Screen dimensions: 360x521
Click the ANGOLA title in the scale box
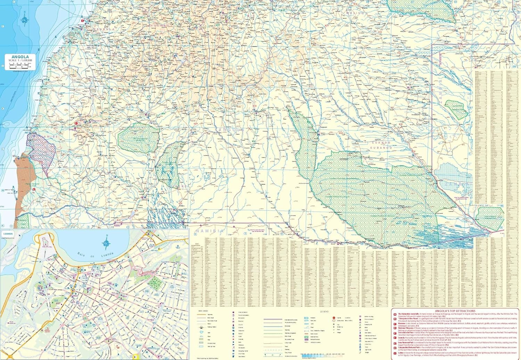tap(20, 57)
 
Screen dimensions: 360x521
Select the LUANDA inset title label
tap(8, 234)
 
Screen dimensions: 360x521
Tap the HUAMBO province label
tap(159, 25)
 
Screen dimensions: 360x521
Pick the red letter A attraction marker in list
tap(395, 314)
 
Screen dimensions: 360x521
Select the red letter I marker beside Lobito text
tap(395, 354)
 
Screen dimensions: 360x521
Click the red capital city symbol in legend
tap(334, 318)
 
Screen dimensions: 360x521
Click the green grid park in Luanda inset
tap(155, 284)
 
